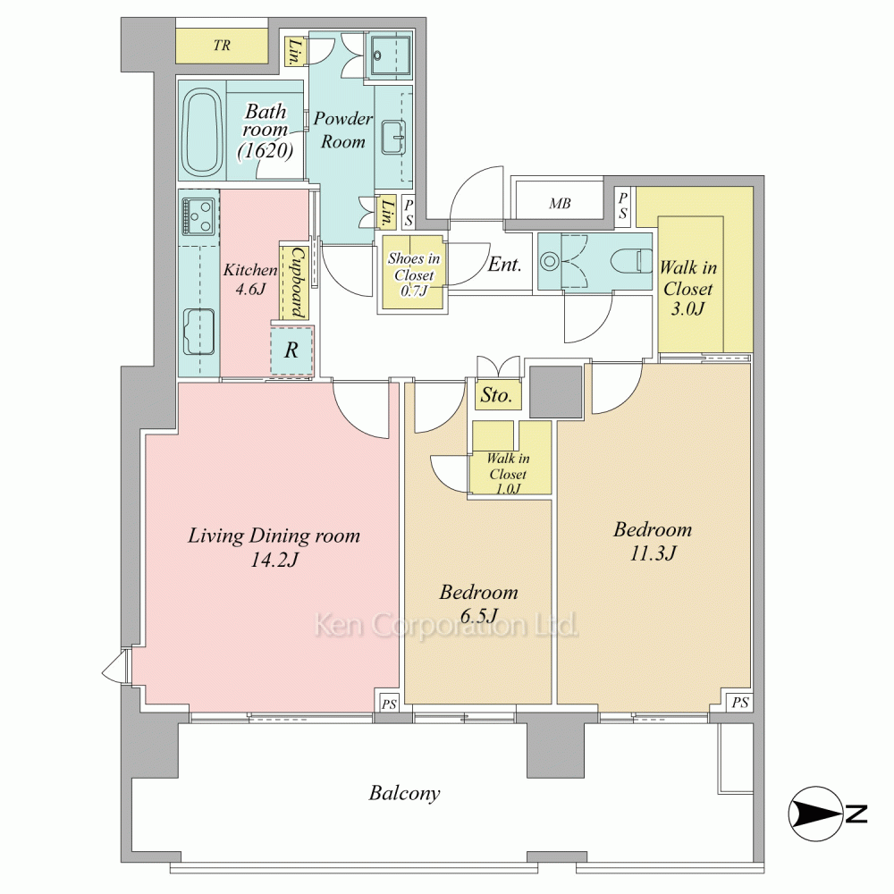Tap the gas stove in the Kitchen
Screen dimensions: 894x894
[x=198, y=215]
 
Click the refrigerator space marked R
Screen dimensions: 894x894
[x=291, y=350]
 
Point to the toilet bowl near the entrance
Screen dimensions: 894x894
[x=631, y=262]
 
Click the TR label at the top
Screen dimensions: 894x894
[x=222, y=45]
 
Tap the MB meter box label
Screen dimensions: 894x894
[x=560, y=204]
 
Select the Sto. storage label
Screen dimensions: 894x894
[x=496, y=394]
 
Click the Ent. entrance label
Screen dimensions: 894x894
[x=504, y=265]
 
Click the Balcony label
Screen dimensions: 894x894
[x=404, y=793]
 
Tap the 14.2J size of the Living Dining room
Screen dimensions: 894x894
[x=274, y=561]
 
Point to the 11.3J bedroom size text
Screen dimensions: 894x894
[x=653, y=553]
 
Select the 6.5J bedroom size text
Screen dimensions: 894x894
[x=478, y=616]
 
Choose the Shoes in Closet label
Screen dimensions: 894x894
[x=414, y=274]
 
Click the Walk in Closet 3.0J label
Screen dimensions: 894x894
[x=688, y=288]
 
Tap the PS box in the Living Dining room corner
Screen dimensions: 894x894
[x=389, y=704]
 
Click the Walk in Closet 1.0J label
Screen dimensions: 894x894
[x=508, y=473]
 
